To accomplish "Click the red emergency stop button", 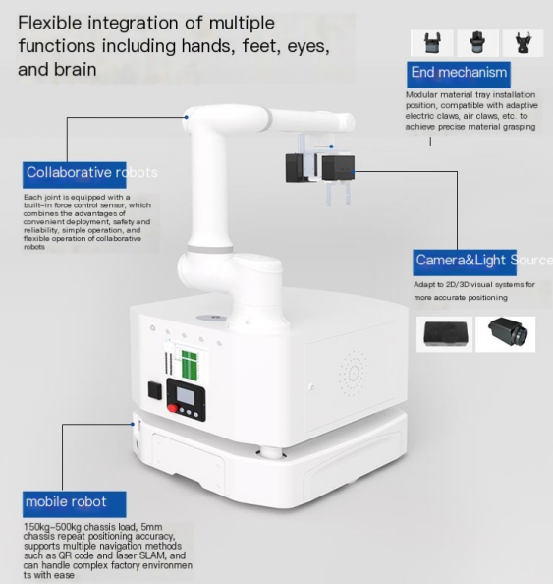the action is (x=172, y=407).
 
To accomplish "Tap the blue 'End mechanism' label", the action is (x=459, y=75).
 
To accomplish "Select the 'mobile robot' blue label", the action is (x=74, y=504).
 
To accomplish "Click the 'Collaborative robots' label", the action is (x=91, y=174).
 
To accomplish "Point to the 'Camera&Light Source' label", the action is (x=482, y=263).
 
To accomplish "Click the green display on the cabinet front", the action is (x=189, y=364).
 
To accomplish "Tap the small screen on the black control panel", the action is (x=185, y=396).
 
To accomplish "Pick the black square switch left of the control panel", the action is (x=155, y=390).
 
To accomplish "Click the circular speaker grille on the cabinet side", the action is (x=354, y=373).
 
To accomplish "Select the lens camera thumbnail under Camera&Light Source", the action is (x=506, y=334).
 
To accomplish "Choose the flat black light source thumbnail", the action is (x=444, y=334).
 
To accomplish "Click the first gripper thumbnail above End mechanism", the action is (x=431, y=43).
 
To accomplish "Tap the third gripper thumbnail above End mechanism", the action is (x=523, y=43).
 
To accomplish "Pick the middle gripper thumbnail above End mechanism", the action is (x=477, y=43).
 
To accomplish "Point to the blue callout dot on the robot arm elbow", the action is (x=186, y=117).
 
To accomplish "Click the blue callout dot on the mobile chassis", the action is (x=133, y=424).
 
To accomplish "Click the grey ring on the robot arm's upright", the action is (x=210, y=249).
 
